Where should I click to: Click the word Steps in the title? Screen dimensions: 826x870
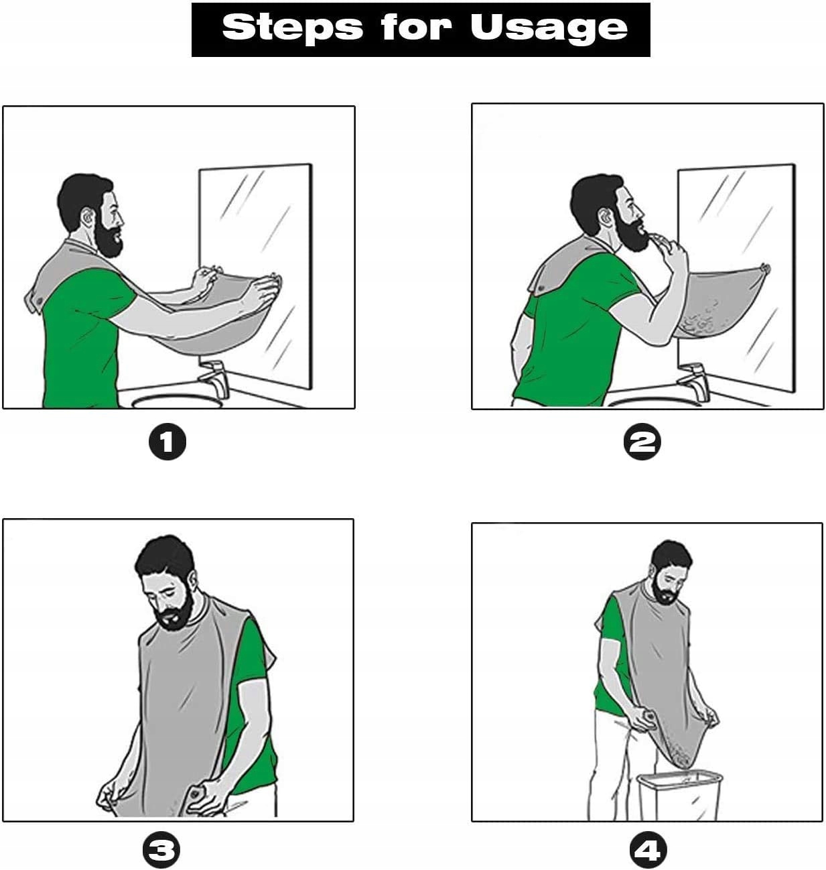(x=293, y=27)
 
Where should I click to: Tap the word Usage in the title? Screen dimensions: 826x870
(x=549, y=28)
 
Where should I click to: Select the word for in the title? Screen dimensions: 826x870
(x=416, y=27)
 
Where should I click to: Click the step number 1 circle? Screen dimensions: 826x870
(x=167, y=442)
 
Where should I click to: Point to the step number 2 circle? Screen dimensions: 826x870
(x=642, y=442)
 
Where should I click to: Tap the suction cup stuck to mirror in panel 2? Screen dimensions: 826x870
(x=765, y=268)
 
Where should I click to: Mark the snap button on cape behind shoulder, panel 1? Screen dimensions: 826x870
(x=40, y=300)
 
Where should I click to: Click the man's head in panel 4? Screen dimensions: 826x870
(x=671, y=571)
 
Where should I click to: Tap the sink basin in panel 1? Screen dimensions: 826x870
(x=177, y=401)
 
